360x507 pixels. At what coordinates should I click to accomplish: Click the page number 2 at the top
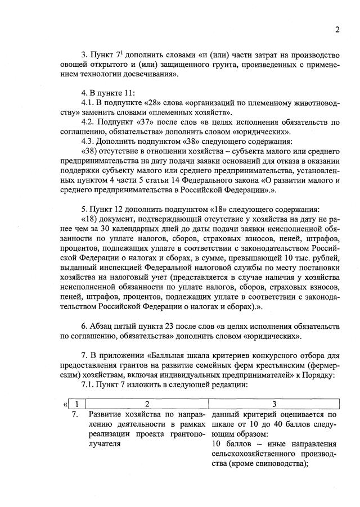tap(336, 30)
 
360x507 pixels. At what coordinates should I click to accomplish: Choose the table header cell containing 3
tap(274, 404)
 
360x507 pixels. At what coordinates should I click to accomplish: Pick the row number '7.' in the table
tap(75, 415)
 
